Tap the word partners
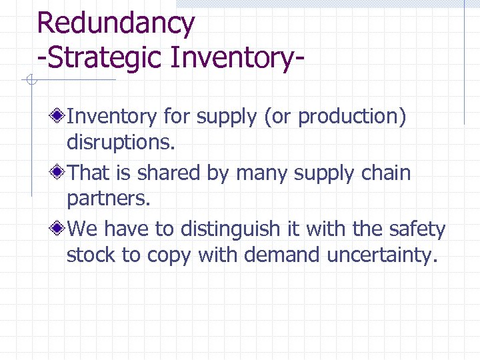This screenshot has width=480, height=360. [x=107, y=199]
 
